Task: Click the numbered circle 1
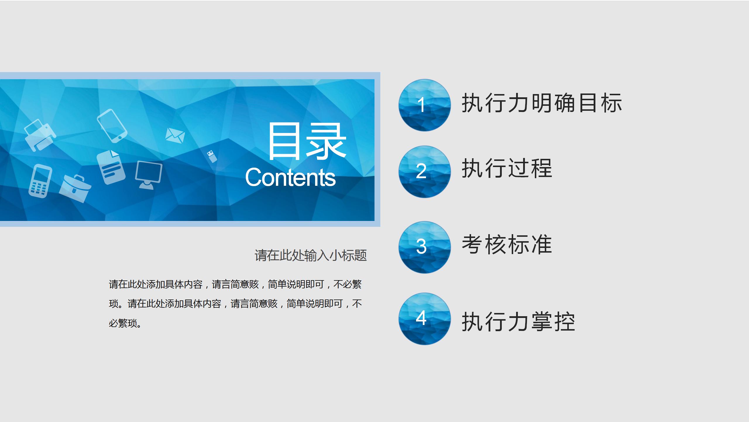(424, 105)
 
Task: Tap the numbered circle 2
(424, 171)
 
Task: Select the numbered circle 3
(424, 247)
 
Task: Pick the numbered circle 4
(424, 319)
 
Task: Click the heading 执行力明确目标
(542, 103)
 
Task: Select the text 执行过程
(507, 168)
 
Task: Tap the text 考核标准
(507, 244)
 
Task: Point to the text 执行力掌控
(518, 321)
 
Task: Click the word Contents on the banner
(290, 177)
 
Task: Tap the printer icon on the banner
(40, 135)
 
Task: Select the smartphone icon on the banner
(112, 126)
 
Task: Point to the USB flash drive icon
(212, 156)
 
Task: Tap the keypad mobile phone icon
(40, 181)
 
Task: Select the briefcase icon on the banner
(75, 188)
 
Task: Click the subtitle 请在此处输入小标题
(310, 255)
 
